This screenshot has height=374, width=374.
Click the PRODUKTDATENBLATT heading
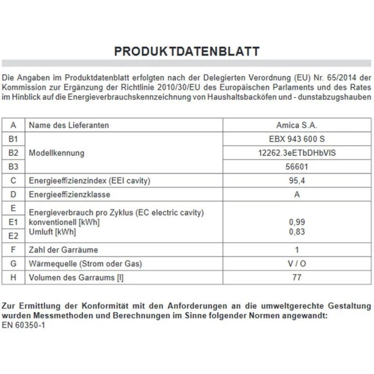[x=187, y=52]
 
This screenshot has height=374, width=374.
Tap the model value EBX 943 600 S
[x=294, y=139]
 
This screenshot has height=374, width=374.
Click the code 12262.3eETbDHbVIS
[x=294, y=153]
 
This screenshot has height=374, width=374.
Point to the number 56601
[x=294, y=167]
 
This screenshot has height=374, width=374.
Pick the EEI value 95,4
[x=294, y=180]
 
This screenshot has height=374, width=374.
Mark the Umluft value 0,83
[x=294, y=233]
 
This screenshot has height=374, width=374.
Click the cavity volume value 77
[x=294, y=277]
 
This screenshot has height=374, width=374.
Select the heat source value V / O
[x=294, y=263]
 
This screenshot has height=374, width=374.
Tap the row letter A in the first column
[x=14, y=125]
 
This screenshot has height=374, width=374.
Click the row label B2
[x=14, y=153]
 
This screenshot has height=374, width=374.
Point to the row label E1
[x=14, y=222]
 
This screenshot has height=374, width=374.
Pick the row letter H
[x=14, y=277]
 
